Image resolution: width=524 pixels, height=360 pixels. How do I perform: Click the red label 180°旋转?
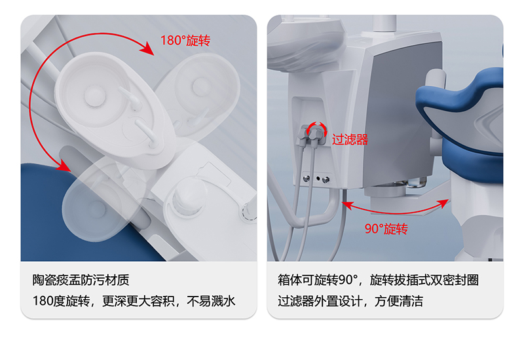click(185, 41)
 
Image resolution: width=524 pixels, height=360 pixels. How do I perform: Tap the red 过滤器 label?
click(350, 139)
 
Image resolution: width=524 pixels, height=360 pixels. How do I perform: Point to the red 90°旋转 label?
click(386, 229)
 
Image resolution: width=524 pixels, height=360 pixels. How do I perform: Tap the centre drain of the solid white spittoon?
click(95, 95)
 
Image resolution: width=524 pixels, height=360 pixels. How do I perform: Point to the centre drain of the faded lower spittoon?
click(97, 209)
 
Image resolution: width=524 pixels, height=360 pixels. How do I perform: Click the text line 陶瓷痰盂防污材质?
click(81, 280)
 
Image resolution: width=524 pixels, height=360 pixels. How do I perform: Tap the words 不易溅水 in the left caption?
click(211, 301)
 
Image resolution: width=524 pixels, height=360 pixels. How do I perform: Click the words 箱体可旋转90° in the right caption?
click(318, 280)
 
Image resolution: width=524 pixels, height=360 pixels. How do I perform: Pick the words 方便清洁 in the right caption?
click(399, 301)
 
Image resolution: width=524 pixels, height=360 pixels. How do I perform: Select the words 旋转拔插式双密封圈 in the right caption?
click(424, 280)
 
